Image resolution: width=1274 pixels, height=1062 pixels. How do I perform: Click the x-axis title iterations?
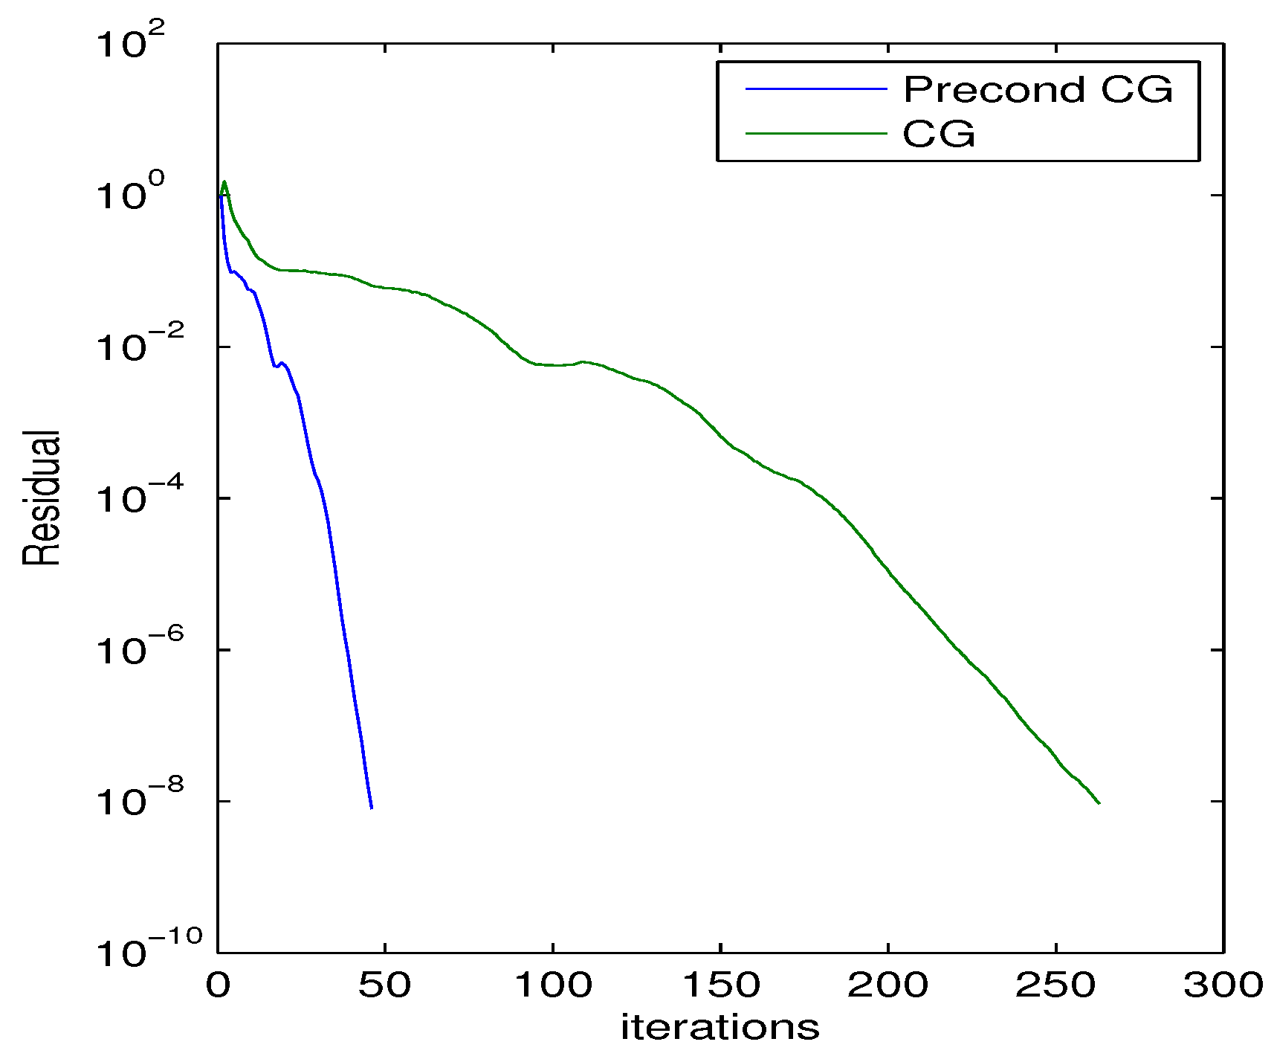(720, 1028)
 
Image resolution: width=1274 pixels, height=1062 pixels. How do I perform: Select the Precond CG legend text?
(1038, 90)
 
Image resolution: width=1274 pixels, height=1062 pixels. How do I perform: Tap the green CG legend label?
(938, 135)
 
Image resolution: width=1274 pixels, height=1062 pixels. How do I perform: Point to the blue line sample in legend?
(816, 89)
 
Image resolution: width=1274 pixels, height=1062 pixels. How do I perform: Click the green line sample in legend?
(816, 134)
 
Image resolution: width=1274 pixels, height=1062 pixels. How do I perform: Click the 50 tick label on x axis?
(384, 985)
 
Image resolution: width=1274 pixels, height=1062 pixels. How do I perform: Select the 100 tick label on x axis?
(553, 985)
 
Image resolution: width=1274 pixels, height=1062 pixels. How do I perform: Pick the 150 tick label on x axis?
(720, 985)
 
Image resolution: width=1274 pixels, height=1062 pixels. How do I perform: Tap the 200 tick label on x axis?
(887, 985)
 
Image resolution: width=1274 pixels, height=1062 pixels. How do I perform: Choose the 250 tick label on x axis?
(1055, 985)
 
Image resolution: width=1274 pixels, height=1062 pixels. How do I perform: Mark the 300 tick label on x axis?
(1223, 985)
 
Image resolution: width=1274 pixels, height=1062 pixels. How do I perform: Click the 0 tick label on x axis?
(218, 985)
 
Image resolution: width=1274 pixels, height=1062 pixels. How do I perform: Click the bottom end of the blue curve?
(371, 808)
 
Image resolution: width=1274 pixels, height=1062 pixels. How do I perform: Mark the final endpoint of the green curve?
(1099, 803)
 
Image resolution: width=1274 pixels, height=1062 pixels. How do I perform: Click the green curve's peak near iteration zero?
(224, 181)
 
